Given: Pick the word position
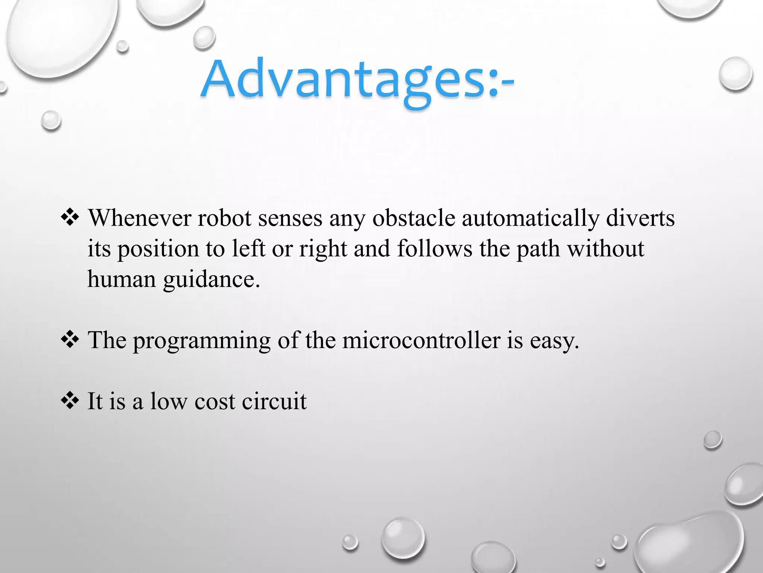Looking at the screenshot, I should click(158, 249).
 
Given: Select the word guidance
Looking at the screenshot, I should click(211, 280).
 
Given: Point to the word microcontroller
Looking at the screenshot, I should click(421, 340).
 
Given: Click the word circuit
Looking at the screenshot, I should click(274, 401).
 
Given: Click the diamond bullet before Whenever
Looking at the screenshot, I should click(70, 218).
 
